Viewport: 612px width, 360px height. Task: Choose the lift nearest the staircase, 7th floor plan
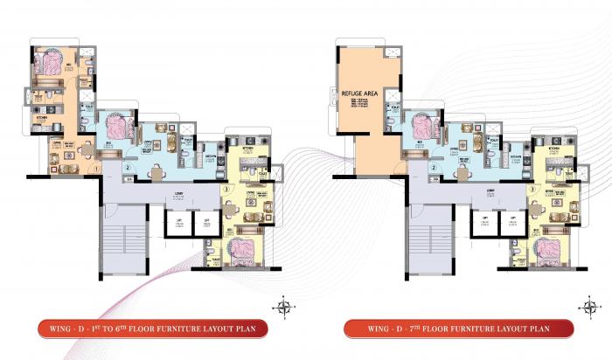483,223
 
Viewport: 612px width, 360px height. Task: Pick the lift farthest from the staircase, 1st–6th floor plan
206,223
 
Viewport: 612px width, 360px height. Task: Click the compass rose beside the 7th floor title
587,305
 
